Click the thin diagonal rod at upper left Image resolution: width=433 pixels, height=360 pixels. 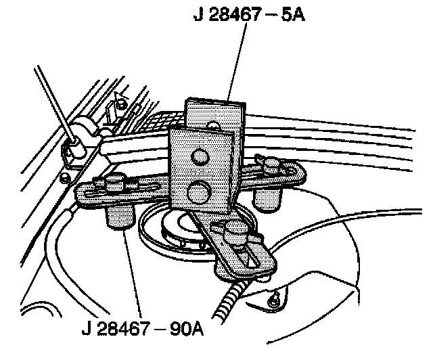(x=53, y=102)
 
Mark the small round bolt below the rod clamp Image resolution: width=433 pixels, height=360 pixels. (x=64, y=177)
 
